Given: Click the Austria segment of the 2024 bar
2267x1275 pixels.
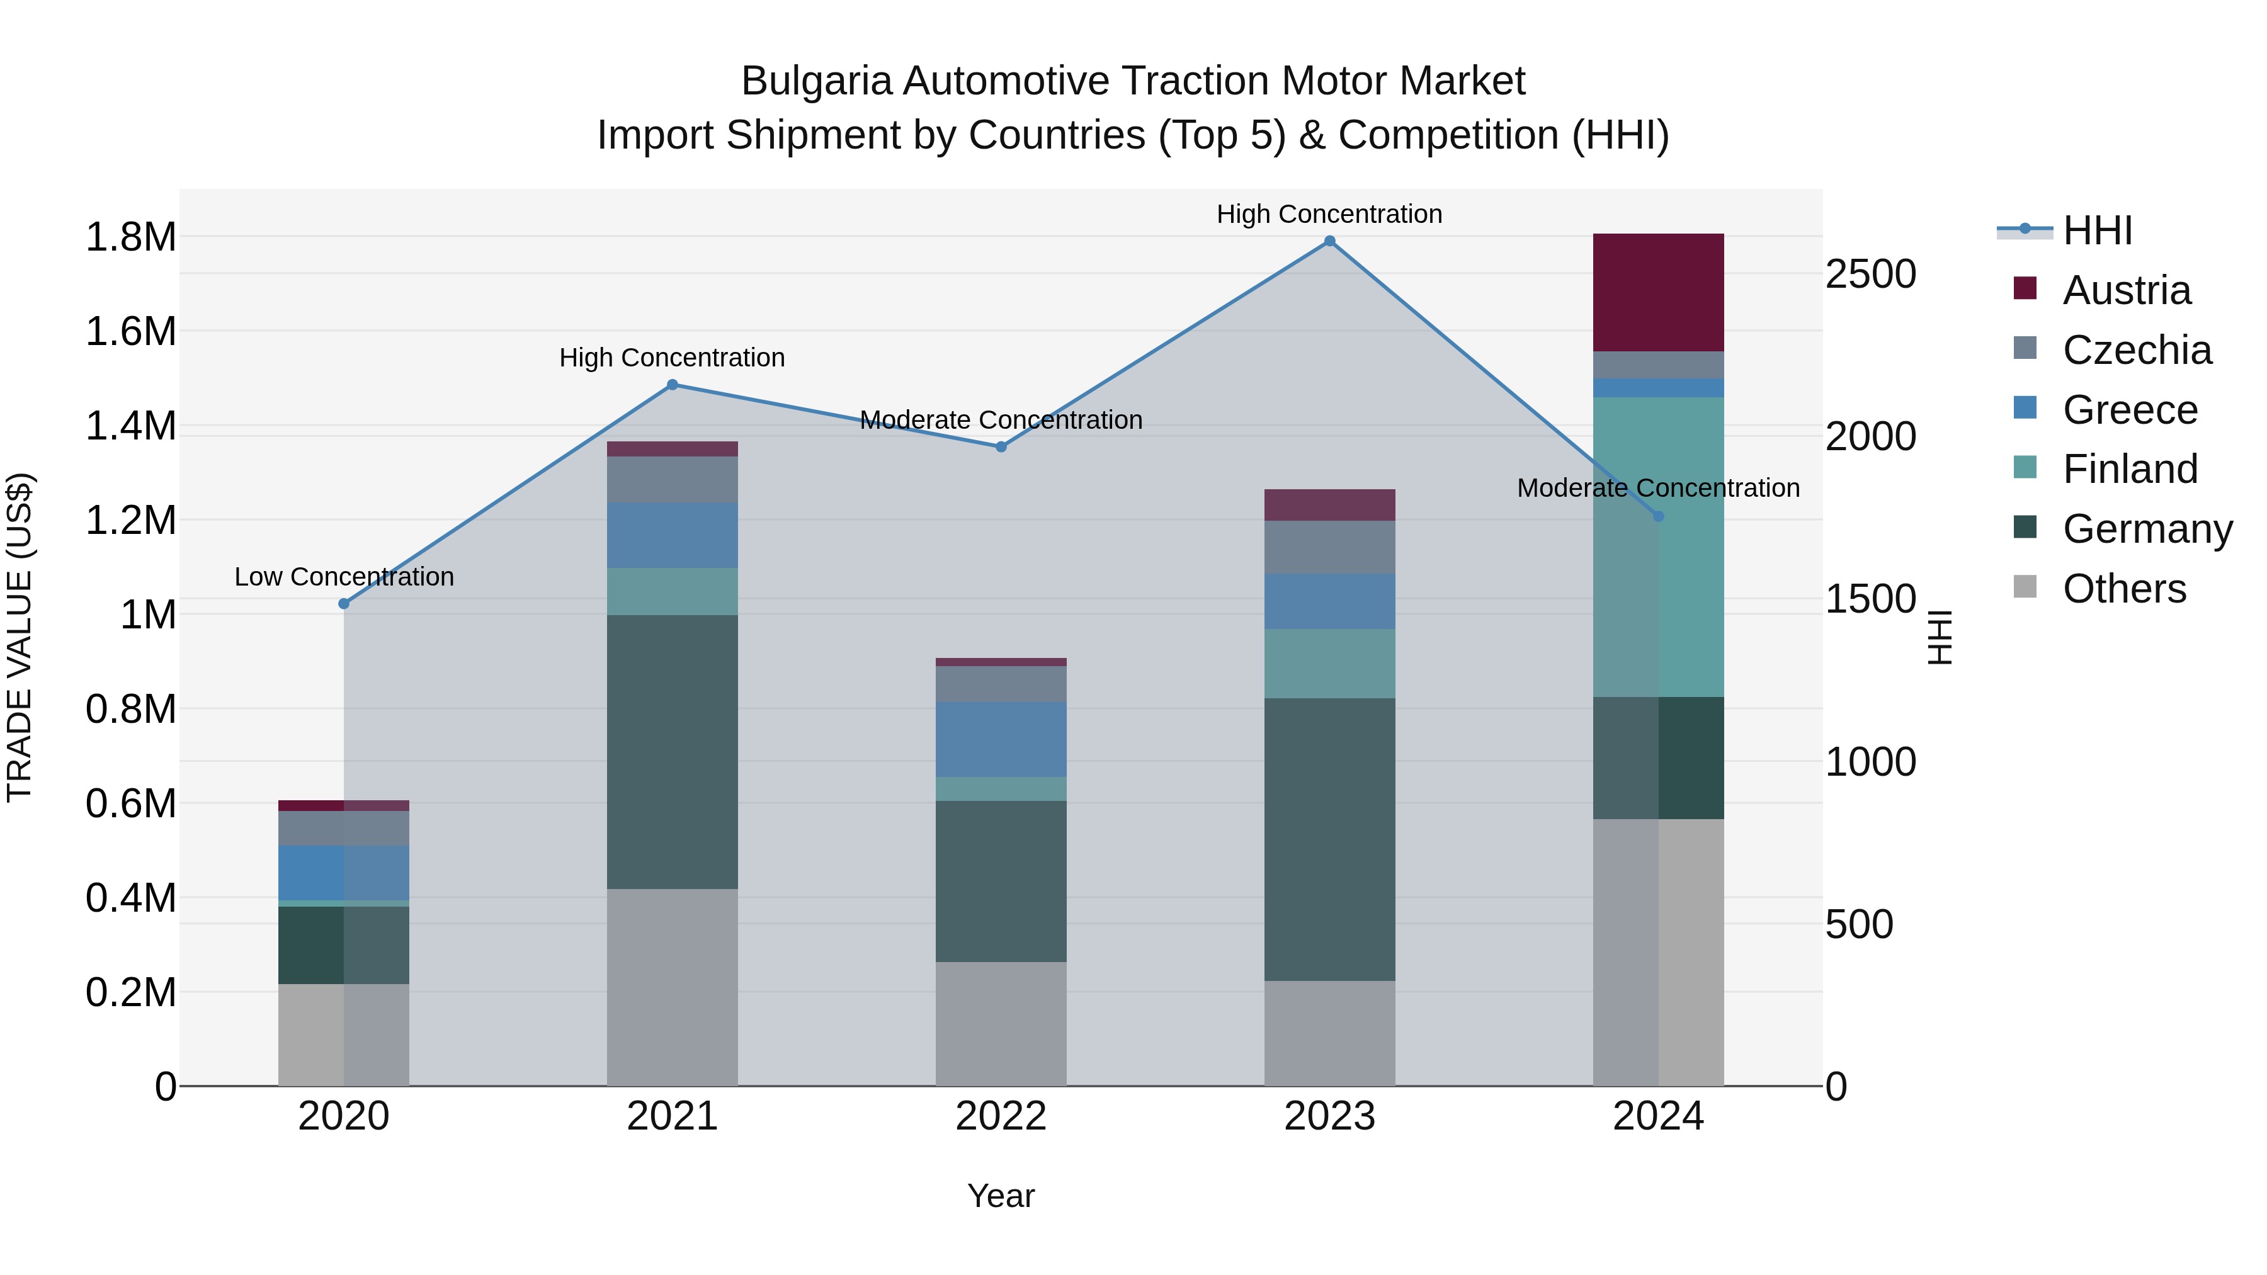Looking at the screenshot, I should click(1658, 292).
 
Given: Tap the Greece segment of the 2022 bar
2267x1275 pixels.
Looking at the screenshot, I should click(1001, 739).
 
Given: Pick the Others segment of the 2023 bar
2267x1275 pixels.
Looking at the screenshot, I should click(1330, 1033).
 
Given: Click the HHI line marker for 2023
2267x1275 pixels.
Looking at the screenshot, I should click(1330, 241).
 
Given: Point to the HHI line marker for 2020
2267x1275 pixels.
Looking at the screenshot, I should click(344, 604).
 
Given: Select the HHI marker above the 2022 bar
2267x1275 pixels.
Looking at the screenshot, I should click(1001, 447).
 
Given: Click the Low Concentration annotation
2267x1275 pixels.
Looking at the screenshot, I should click(344, 577).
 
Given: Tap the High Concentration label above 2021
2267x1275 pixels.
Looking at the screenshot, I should click(673, 358).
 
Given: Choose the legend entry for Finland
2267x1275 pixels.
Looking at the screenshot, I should click(2130, 469).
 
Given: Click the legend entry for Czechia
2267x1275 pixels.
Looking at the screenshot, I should click(2136, 350).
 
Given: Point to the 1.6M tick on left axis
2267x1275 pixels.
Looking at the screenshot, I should click(130, 332).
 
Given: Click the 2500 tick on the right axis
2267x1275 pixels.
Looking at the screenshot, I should click(1870, 275).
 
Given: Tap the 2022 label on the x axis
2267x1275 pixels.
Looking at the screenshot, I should click(1001, 1116).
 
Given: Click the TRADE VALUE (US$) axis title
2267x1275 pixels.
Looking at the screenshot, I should click(20, 637).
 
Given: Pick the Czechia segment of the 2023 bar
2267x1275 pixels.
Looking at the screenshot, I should click(1330, 547).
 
